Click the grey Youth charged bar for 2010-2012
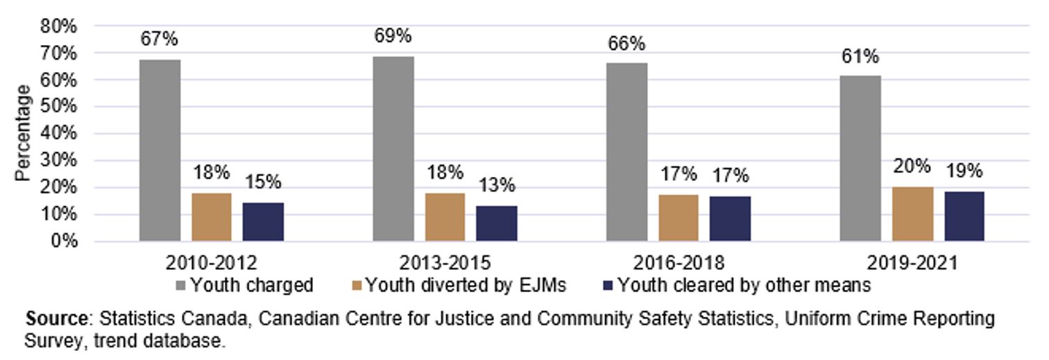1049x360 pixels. pyautogui.click(x=160, y=151)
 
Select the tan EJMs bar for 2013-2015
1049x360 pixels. pyautogui.click(x=445, y=217)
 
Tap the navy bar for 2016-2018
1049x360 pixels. pyautogui.click(x=730, y=218)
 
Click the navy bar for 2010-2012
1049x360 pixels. pyautogui.click(x=263, y=222)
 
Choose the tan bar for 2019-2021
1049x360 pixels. pyautogui.click(x=912, y=214)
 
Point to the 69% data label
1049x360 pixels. pyautogui.click(x=393, y=35)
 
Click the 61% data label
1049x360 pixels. pyautogui.click(x=860, y=55)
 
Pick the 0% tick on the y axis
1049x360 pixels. pyautogui.click(x=64, y=242)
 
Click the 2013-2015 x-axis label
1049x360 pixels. pyautogui.click(x=445, y=264)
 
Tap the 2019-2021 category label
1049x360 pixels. pyautogui.click(x=912, y=264)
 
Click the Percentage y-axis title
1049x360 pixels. pyautogui.click(x=24, y=133)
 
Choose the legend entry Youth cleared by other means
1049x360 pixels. pyautogui.click(x=742, y=285)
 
